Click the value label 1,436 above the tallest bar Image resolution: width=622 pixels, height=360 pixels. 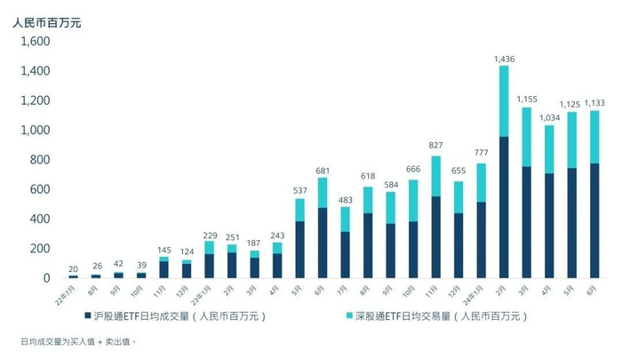point(504,60)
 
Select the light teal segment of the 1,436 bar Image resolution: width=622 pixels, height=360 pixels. point(504,100)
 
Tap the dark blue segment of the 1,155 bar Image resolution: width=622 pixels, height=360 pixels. point(527,222)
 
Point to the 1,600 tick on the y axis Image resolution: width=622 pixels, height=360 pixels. point(34,42)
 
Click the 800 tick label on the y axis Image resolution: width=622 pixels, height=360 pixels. point(38,160)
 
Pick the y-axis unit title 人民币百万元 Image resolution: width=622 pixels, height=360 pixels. point(47,20)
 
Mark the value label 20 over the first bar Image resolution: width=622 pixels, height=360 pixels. point(74,269)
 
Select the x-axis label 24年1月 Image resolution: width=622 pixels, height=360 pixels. point(478,289)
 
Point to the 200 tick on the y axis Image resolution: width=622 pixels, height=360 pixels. point(38,249)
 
